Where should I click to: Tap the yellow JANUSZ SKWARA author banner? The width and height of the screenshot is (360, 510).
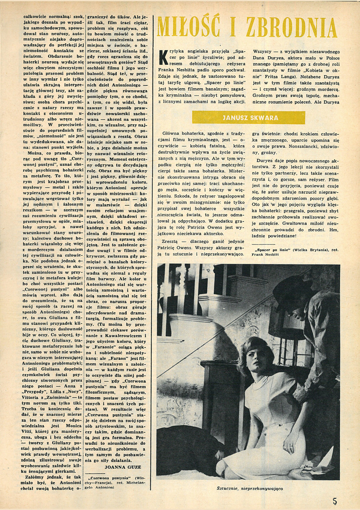(x=248, y=117)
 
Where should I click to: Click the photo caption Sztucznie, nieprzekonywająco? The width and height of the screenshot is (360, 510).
(x=248, y=489)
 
